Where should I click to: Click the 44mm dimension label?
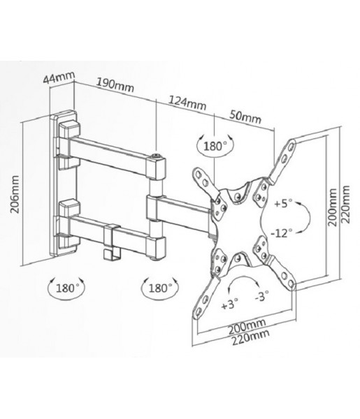59,78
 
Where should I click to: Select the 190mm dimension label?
115,85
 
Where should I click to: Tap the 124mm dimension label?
187,103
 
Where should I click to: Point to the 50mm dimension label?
245,117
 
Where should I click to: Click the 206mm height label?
15,194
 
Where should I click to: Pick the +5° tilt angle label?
284,204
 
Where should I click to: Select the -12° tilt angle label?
282,233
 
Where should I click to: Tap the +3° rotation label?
230,304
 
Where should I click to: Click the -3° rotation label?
262,296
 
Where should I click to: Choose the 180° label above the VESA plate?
215,146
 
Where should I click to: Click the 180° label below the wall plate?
68,288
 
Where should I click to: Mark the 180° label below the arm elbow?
160,288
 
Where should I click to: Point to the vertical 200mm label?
333,207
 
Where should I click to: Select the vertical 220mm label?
345,204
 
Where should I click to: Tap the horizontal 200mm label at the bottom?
247,326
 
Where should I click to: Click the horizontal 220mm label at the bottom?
250,338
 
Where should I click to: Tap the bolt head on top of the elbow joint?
157,156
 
